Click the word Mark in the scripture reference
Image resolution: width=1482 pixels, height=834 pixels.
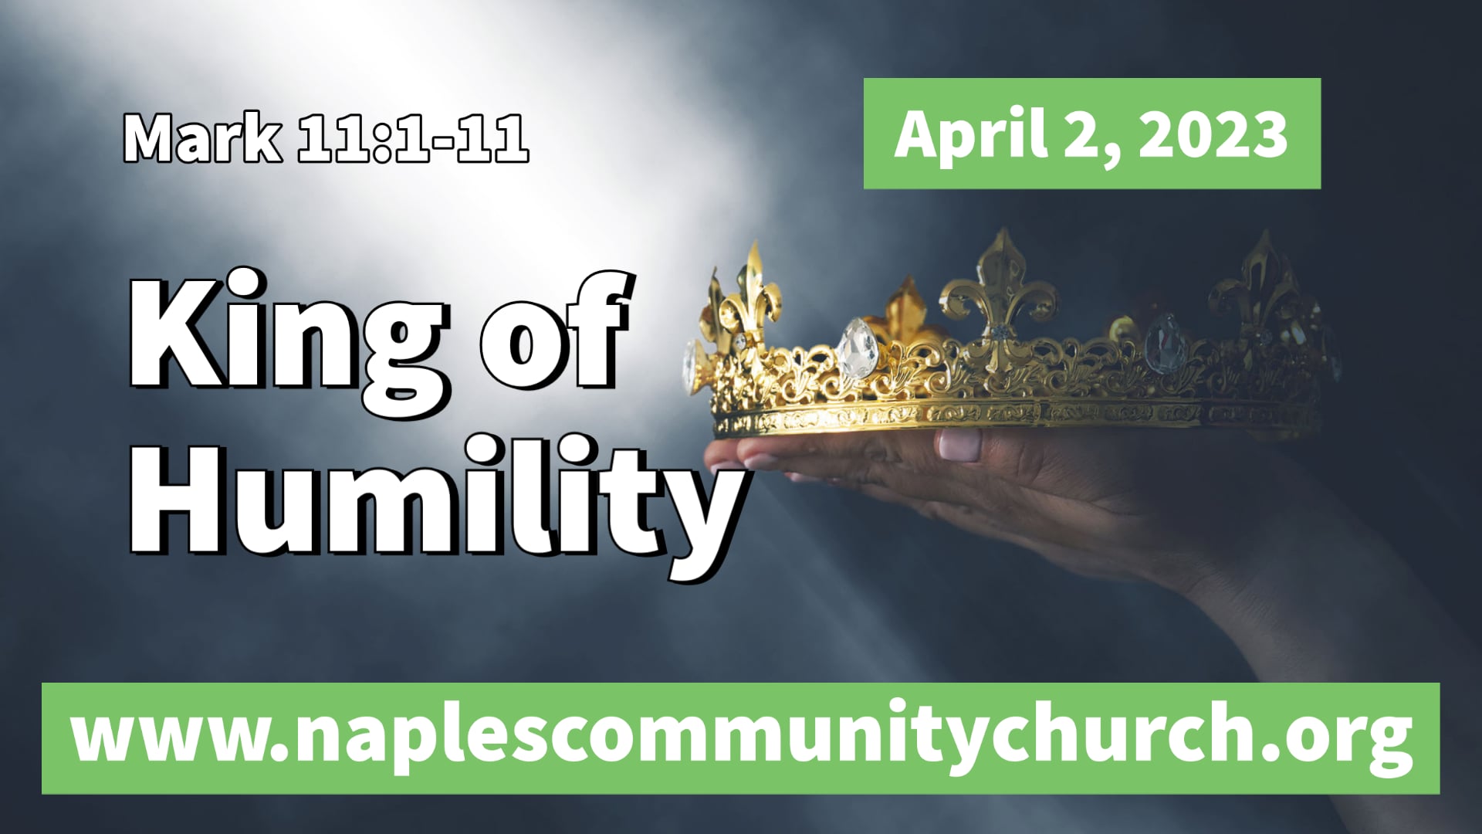[202, 139]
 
